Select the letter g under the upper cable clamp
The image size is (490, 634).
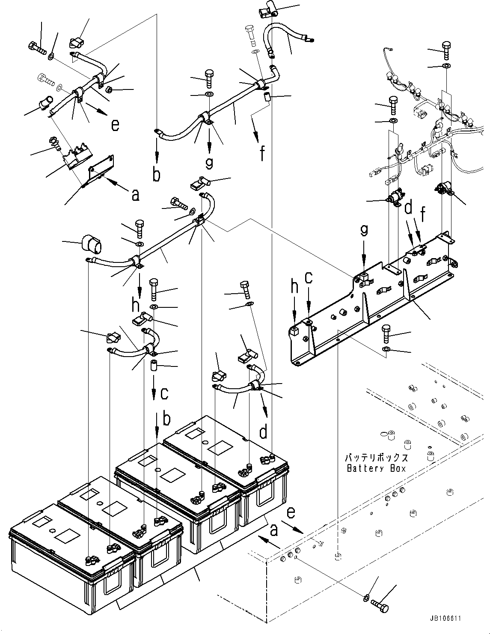point(209,162)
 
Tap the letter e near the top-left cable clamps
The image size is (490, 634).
point(115,125)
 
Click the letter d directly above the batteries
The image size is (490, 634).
point(263,432)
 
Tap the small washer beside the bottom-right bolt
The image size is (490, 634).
point(366,597)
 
